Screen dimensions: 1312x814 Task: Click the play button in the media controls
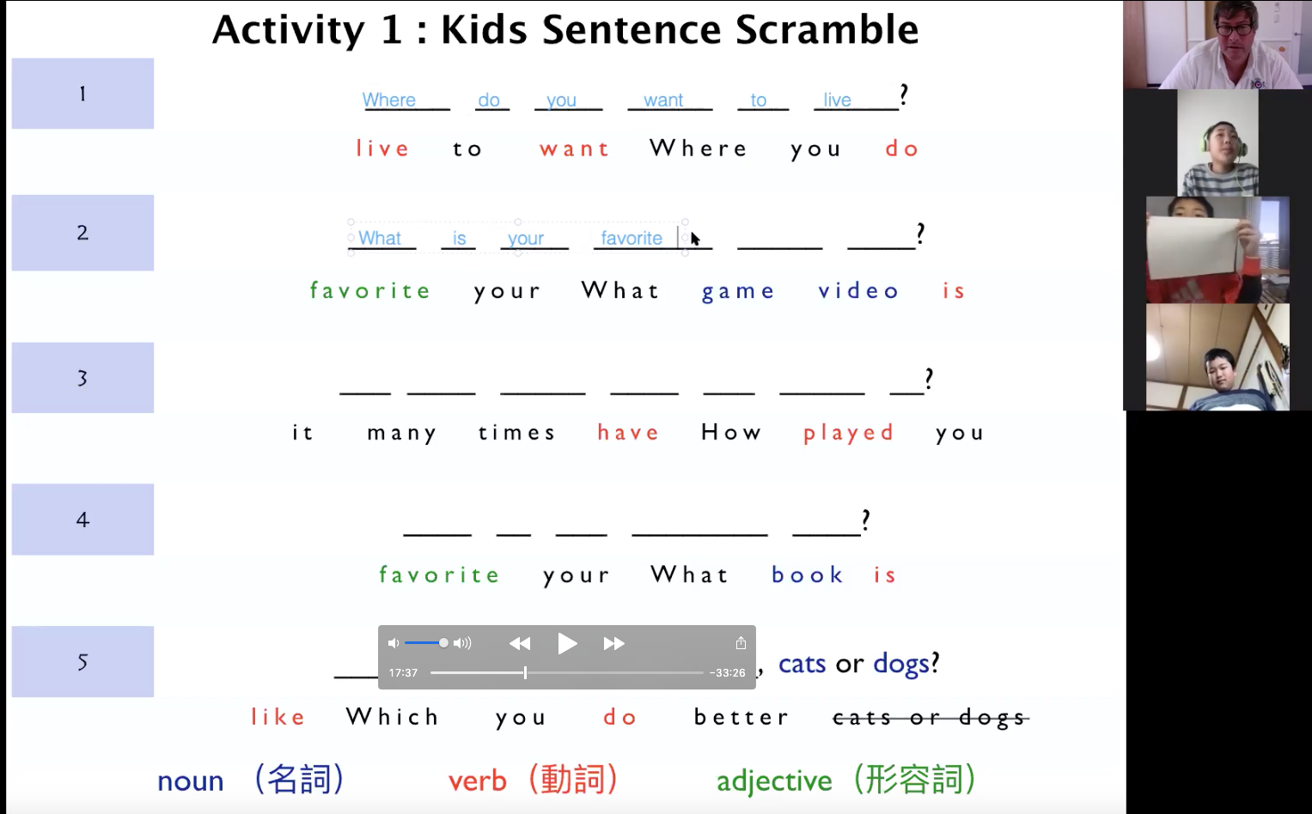click(x=567, y=644)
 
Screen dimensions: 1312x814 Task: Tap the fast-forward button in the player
click(x=613, y=644)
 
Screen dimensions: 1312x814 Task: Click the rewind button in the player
click(x=520, y=644)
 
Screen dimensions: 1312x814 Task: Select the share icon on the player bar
click(x=741, y=643)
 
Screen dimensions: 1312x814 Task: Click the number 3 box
click(x=82, y=378)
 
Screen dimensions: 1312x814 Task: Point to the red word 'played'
click(x=848, y=433)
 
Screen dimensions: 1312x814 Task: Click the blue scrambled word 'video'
click(x=858, y=290)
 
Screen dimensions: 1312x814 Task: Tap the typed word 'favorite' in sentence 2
click(x=632, y=238)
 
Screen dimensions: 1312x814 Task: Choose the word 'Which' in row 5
click(x=392, y=716)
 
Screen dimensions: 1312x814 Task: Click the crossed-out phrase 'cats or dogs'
click(x=931, y=718)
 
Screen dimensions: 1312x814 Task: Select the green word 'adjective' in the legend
click(x=774, y=781)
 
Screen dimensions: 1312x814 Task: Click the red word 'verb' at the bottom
click(x=478, y=781)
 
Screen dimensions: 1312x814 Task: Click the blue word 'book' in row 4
click(x=807, y=574)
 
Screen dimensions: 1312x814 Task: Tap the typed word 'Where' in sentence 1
click(x=389, y=100)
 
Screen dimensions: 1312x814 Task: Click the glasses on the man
click(x=1236, y=27)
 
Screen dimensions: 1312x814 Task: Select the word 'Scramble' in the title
click(x=827, y=29)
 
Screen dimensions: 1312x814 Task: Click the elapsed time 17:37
click(x=403, y=673)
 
